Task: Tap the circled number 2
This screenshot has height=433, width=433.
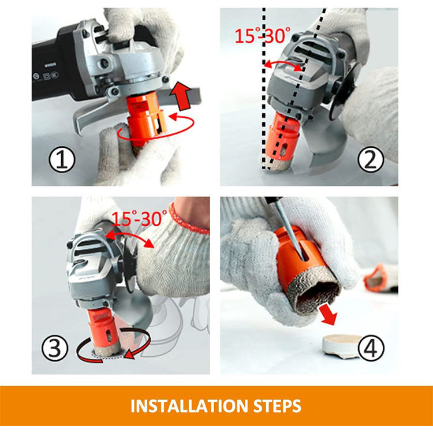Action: click(370, 160)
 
